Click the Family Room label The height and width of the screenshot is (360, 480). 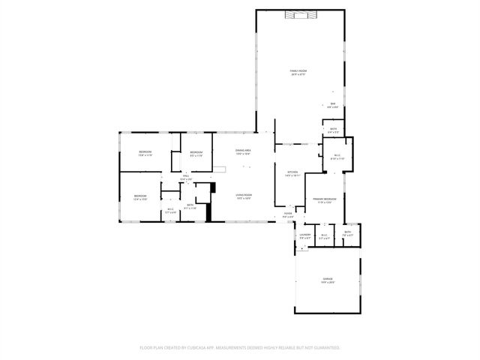point(298,70)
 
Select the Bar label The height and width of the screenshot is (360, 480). point(332,103)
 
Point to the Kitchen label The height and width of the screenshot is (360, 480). point(292,172)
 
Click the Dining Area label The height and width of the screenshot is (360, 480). point(242,150)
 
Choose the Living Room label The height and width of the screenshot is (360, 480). point(244,195)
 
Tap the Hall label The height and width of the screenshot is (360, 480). point(186,176)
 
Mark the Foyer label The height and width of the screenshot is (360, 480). point(288,214)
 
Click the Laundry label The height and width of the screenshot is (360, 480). point(304,235)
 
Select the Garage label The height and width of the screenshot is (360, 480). point(327,278)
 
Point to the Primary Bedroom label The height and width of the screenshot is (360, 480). point(325,199)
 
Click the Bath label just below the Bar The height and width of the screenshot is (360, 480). point(333,128)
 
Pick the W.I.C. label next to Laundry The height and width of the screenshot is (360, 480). point(324,235)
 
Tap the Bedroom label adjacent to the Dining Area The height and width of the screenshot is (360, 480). point(196,153)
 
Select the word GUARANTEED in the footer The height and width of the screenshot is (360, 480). point(326,348)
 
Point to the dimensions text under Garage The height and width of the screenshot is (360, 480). point(327,282)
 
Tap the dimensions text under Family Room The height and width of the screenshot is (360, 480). point(298,74)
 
